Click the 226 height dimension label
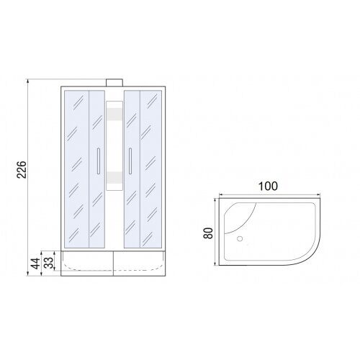point(22,170)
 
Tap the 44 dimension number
point(35,264)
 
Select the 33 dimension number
point(49,263)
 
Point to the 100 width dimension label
point(268,186)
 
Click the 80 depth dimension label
point(208,233)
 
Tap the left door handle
point(98,161)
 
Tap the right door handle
point(130,161)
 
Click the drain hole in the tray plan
point(240,239)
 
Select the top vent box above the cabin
point(114,83)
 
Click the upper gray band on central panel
point(114,114)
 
